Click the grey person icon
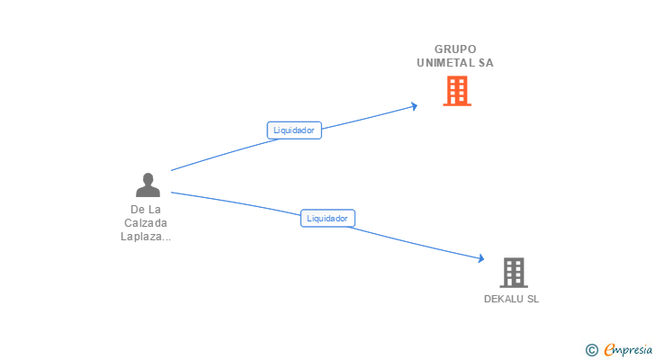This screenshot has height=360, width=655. pos(148,185)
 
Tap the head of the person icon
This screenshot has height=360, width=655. pos(148,179)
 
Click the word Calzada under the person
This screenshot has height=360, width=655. pos(146,223)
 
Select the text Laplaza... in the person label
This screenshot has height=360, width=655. pos(146,237)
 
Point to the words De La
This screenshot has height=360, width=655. pos(146,210)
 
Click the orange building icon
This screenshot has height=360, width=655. pos(457,90)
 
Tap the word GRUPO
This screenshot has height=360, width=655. pos(455,49)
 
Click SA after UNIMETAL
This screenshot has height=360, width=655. pos(486,63)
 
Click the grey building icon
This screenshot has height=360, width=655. pos(513,272)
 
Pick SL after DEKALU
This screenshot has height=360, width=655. pos(533,299)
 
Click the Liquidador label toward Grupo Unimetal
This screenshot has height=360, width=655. pos(294,130)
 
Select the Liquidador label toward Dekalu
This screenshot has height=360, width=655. pos(327,218)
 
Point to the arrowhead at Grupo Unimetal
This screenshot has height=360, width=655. pos(414,105)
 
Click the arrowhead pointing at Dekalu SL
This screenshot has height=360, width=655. pos(481,259)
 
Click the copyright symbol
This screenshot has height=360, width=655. pos(591,350)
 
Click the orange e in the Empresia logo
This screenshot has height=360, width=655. pos(609,350)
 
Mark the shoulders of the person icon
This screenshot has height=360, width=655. pos(148,192)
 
